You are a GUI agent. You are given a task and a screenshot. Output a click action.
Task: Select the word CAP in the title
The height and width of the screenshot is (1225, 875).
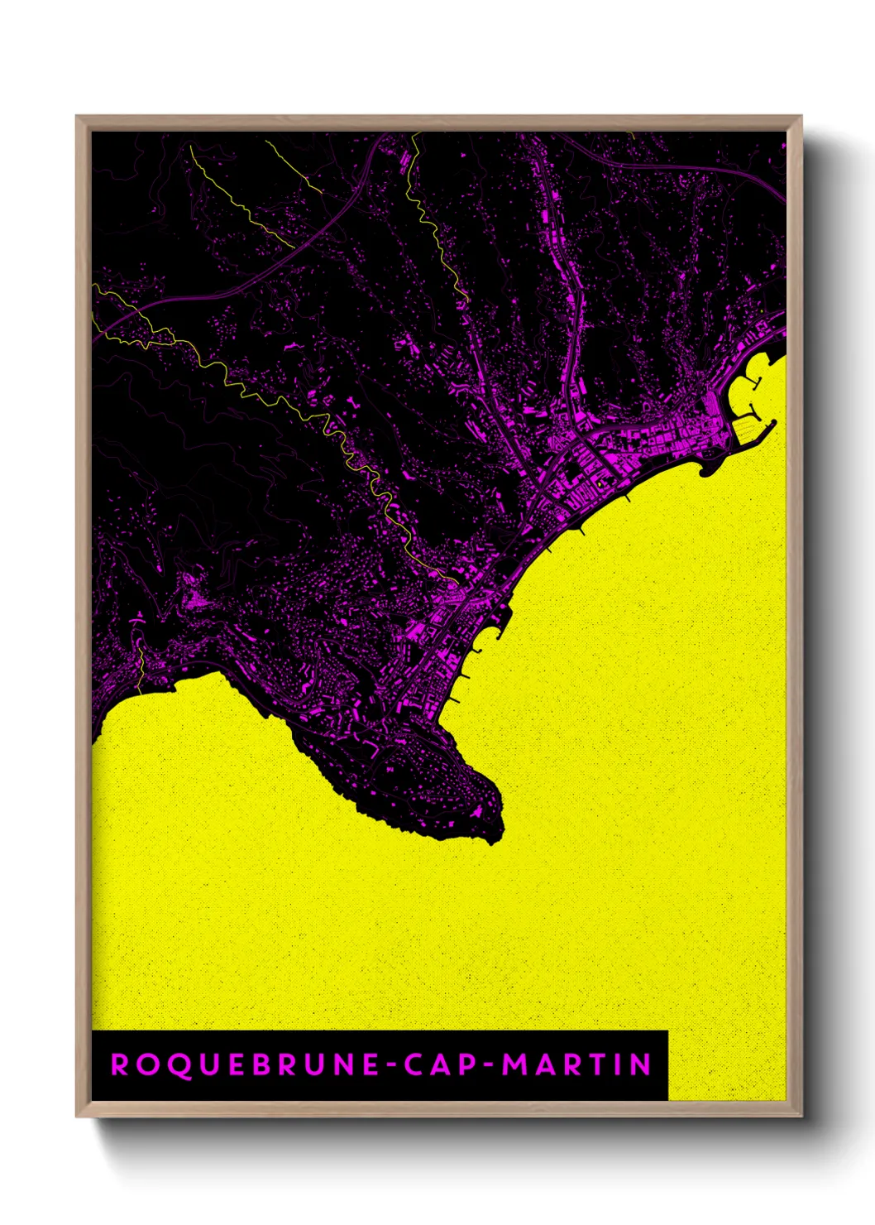coord(435,1064)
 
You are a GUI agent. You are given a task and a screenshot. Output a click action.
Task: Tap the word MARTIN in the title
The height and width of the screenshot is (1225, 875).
coord(577,1064)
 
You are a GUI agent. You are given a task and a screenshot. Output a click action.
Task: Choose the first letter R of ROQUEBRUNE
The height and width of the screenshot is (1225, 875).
coord(120,1064)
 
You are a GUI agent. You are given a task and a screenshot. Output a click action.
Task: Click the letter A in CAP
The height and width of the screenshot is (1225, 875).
coord(435,1064)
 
